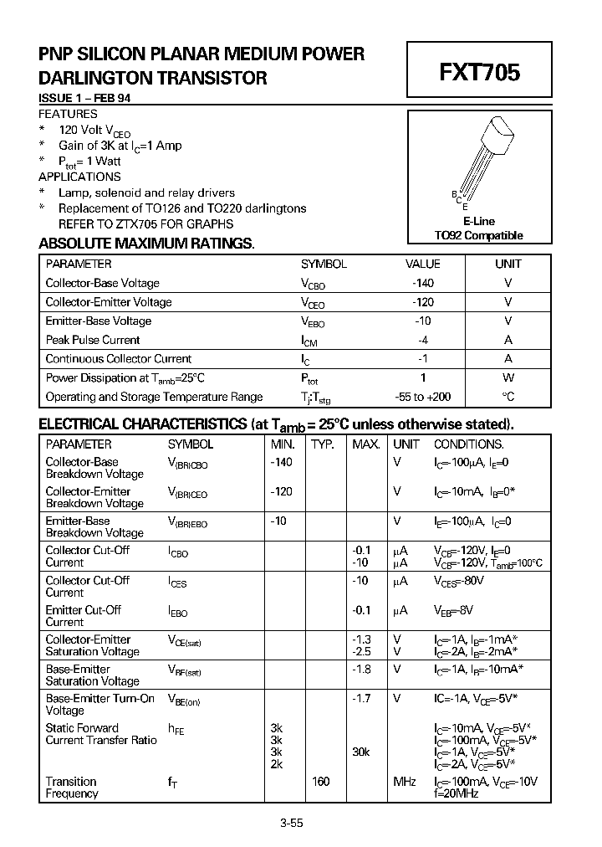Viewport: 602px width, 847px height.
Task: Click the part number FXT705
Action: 479,72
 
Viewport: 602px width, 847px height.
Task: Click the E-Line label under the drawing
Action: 478,222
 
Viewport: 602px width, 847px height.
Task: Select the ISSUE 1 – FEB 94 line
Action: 84,98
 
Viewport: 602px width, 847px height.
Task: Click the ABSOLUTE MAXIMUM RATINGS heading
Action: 146,244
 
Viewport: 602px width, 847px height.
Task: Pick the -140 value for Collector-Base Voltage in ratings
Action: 423,283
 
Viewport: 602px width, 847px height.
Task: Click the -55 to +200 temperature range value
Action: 423,397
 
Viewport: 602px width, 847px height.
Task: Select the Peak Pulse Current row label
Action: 93,340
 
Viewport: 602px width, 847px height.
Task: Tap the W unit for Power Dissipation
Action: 508,377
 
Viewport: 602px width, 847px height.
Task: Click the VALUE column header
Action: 422,264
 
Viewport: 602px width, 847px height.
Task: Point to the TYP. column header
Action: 323,444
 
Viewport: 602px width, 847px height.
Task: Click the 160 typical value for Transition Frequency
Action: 320,781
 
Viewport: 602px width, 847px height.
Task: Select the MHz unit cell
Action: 406,781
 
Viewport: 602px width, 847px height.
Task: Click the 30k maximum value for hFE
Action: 360,752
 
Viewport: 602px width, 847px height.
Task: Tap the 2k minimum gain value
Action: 277,764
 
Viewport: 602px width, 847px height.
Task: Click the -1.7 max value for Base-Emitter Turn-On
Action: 361,698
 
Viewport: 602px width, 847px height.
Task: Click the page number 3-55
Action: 292,823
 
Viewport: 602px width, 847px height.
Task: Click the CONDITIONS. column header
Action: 468,444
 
